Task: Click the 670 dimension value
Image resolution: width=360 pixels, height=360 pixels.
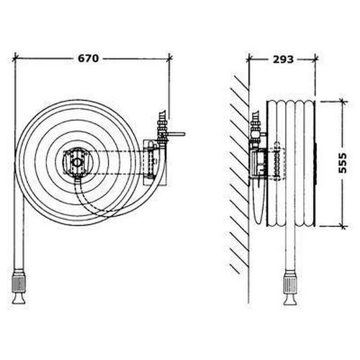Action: pyautogui.click(x=89, y=58)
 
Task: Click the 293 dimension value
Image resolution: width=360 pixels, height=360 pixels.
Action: pyautogui.click(x=283, y=59)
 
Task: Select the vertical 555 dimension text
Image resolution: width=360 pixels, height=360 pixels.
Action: pyautogui.click(x=343, y=163)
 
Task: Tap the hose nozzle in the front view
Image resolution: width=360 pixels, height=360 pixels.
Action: pyautogui.click(x=19, y=286)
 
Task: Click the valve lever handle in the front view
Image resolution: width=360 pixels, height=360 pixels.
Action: pyautogui.click(x=176, y=134)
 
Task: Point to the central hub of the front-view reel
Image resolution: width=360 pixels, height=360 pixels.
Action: pyautogui.click(x=77, y=163)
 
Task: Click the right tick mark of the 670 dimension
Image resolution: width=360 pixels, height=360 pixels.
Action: pyautogui.click(x=170, y=58)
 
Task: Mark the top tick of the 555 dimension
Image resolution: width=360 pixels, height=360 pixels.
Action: pyautogui.click(x=343, y=102)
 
